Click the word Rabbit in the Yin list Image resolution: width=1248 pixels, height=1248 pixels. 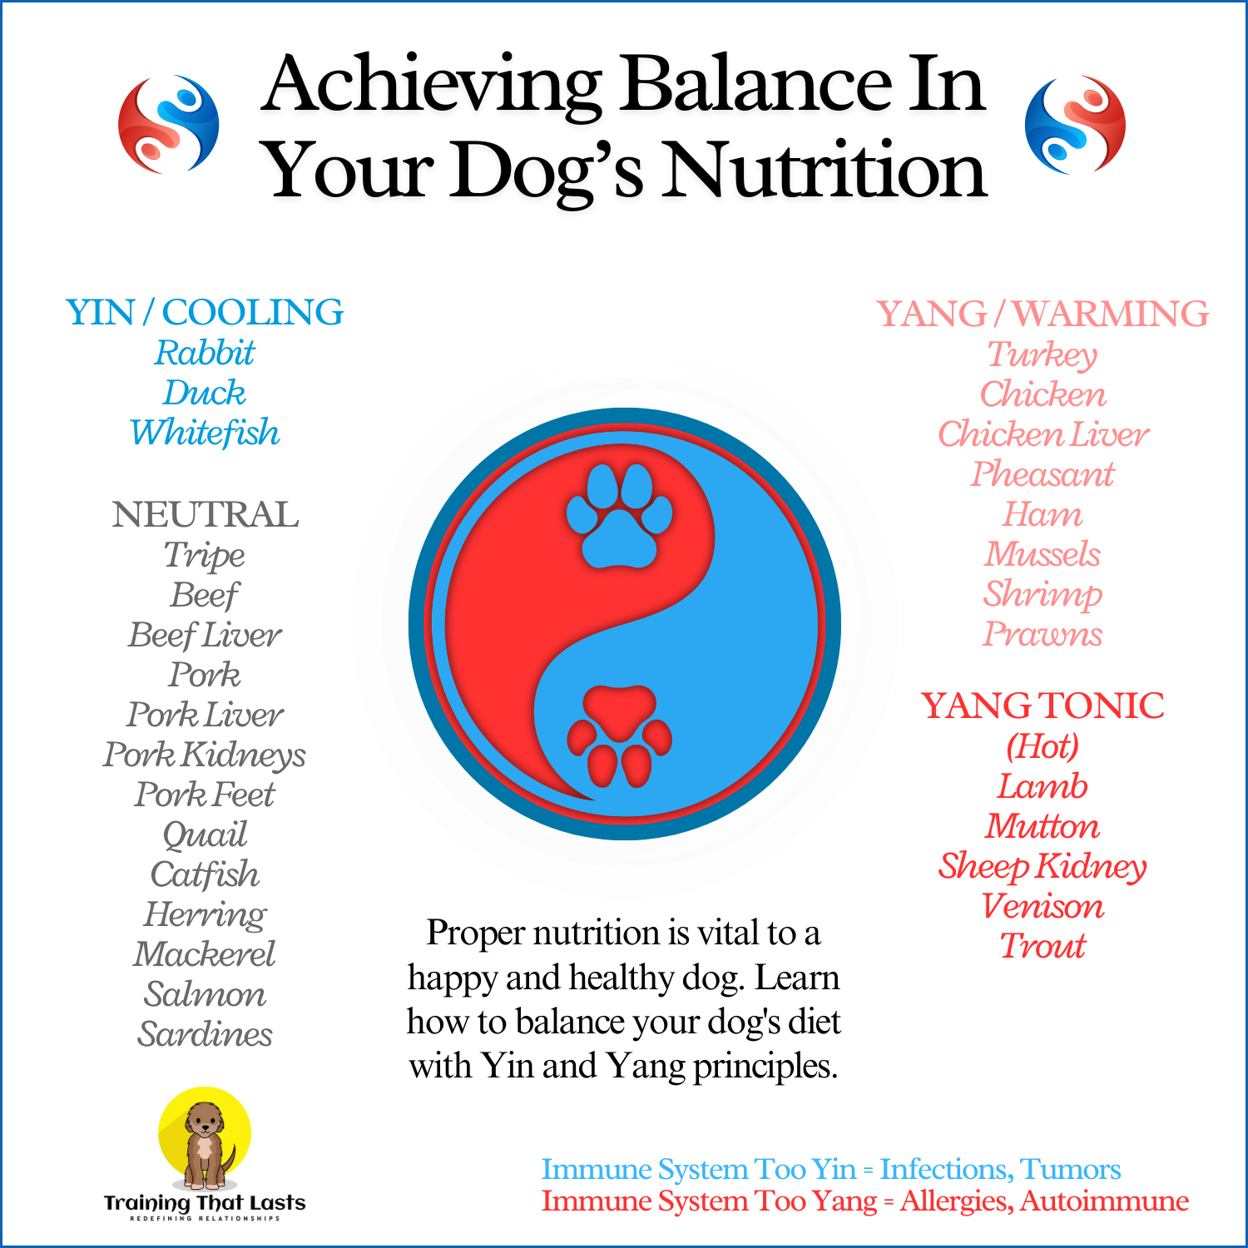(205, 353)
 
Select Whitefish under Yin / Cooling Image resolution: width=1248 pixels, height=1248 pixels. (205, 433)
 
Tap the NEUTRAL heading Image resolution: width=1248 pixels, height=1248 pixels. (206, 514)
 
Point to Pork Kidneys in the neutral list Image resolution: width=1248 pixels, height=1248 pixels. (205, 755)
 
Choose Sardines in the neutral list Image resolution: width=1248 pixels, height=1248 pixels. (205, 1034)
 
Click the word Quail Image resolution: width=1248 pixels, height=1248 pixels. (205, 834)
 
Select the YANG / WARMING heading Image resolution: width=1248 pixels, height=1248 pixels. (1042, 314)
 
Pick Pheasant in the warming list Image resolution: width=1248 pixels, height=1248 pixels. (1042, 474)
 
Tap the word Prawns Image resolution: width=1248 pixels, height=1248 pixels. (1042, 634)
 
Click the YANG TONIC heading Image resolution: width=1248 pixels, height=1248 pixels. (1042, 706)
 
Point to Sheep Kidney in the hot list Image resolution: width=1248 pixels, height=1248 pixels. (1042, 866)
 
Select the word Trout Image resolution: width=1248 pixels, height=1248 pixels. (1042, 946)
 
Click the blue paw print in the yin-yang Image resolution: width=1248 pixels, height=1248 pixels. (619, 516)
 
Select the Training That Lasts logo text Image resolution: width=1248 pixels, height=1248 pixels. (205, 1203)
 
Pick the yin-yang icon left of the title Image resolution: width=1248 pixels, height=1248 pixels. (169, 125)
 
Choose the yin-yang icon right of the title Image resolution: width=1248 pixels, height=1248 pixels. (1075, 125)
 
